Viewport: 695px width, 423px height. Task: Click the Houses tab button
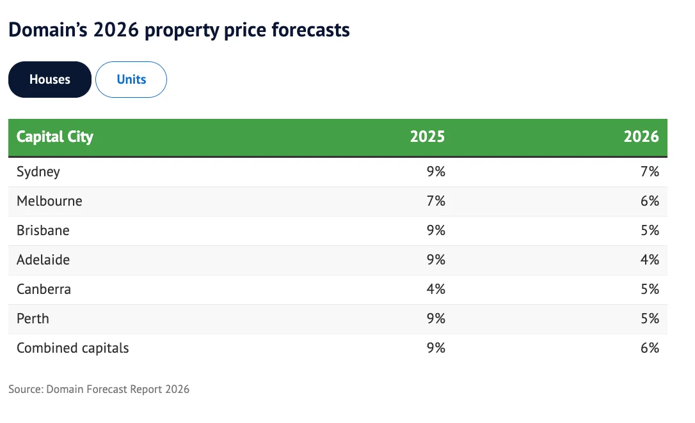(x=50, y=80)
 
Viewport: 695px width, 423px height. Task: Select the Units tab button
(x=131, y=80)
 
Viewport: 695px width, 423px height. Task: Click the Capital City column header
(x=55, y=137)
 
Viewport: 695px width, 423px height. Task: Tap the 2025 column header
(x=427, y=137)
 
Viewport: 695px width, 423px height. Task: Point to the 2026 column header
(x=641, y=137)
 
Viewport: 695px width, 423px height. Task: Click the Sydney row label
(x=38, y=172)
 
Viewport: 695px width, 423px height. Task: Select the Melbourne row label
(x=49, y=201)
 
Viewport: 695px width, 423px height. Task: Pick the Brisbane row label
(x=43, y=231)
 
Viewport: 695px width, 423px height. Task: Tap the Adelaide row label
(x=43, y=259)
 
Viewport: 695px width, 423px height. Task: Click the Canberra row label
(x=44, y=289)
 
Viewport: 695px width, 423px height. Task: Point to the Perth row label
(x=33, y=319)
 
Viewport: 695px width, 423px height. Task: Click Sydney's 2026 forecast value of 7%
(x=650, y=172)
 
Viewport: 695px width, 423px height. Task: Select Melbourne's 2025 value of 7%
(x=436, y=201)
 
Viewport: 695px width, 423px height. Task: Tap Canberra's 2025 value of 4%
(x=436, y=289)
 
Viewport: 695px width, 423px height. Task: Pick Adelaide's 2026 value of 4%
(x=650, y=259)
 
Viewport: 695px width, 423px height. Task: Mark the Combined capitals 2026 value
(x=650, y=348)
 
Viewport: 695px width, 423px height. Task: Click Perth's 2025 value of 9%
(x=436, y=319)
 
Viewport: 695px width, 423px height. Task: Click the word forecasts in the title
(x=311, y=30)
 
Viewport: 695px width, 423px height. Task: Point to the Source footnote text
(x=99, y=389)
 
